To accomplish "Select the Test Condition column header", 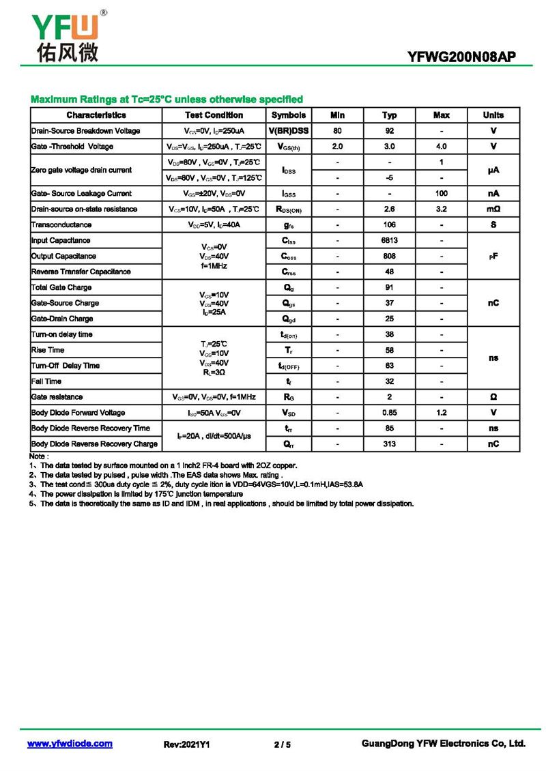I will click(x=214, y=115).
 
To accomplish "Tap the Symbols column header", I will click(x=289, y=115).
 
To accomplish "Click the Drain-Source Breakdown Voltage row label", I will click(x=85, y=131).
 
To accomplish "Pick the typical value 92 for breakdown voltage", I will click(x=389, y=131).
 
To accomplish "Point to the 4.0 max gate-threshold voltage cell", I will click(x=442, y=147).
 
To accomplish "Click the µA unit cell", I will click(x=493, y=170).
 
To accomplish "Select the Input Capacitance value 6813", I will click(x=389, y=241).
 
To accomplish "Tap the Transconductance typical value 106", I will click(x=389, y=225).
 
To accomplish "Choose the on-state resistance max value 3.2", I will click(x=442, y=209).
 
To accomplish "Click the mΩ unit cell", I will click(x=493, y=209).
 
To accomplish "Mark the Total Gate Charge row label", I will click(x=61, y=288).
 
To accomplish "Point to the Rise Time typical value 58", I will click(x=389, y=350).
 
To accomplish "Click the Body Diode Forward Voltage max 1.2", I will click(x=442, y=413).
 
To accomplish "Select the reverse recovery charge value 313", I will click(x=389, y=444).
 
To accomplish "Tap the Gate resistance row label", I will click(x=57, y=397).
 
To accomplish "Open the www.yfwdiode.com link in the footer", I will click(x=70, y=744).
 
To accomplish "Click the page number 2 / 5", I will click(x=282, y=745).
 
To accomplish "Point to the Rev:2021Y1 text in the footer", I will click(x=186, y=745).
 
